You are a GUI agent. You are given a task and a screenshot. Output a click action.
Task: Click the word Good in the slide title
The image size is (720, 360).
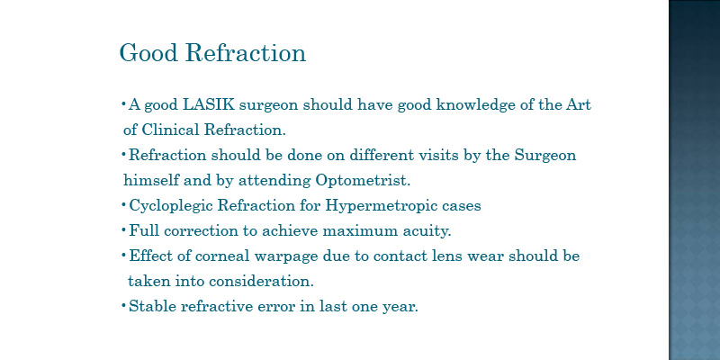coord(148,52)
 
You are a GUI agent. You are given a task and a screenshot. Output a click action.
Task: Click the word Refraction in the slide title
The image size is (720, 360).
coord(246,52)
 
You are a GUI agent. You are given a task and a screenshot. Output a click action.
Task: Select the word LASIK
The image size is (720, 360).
coord(209,105)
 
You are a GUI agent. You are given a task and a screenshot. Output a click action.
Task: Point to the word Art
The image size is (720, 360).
coord(578,105)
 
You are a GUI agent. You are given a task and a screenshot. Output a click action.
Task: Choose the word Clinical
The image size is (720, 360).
coord(170,130)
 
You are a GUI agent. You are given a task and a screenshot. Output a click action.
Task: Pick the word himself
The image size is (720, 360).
coord(151,181)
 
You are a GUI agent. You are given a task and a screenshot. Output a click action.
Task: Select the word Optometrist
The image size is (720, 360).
coord(363,181)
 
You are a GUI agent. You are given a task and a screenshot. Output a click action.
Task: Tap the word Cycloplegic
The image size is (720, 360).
coord(171,206)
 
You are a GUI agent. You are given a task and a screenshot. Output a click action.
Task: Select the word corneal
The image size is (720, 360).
coord(222,256)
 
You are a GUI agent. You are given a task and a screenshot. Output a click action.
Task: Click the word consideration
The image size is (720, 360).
coord(261,281)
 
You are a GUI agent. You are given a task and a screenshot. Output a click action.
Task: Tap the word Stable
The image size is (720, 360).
coord(152,306)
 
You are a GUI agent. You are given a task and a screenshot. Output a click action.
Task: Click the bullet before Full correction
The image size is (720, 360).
coord(123,229)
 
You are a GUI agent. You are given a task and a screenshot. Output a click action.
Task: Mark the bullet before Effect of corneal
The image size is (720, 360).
coord(123,255)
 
